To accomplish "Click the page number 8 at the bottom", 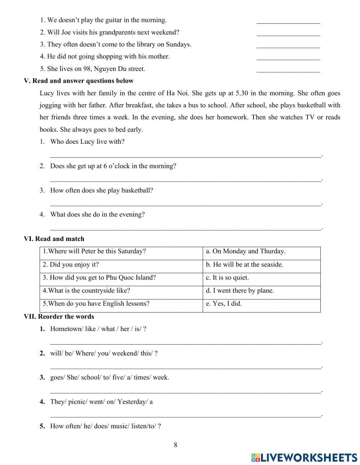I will (175, 445).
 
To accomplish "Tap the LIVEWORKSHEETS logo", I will (304, 457).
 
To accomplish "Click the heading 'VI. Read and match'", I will (54, 239).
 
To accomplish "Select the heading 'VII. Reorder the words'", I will (59, 317).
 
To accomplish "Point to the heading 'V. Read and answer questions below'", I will (78, 81).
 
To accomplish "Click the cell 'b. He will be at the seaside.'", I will (244, 265).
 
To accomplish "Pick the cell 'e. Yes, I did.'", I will (224, 304).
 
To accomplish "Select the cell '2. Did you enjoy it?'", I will (71, 265).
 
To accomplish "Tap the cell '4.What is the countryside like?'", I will (86, 291).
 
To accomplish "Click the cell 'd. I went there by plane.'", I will (240, 291).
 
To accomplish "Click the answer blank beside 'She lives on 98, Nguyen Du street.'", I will (288, 69).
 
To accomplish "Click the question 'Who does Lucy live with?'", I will (87, 142).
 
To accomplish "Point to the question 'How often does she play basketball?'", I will (102, 190).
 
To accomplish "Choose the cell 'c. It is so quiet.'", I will (227, 278).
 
